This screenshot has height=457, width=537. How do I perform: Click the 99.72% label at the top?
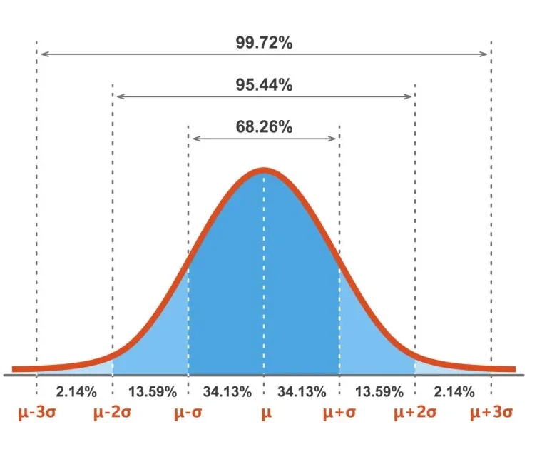tap(264, 42)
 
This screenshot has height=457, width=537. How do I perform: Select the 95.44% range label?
tap(264, 84)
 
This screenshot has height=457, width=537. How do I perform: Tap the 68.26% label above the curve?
tap(264, 126)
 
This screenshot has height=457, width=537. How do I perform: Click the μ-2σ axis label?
tap(113, 413)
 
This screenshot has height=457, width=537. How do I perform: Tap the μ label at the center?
tap(266, 414)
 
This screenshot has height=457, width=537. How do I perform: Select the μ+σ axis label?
tap(340, 413)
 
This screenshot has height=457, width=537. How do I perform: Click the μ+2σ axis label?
tap(416, 413)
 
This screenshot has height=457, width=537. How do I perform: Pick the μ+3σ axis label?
tap(491, 413)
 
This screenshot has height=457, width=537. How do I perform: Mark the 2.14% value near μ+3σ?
tap(454, 391)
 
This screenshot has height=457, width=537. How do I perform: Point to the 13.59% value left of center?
tap(150, 391)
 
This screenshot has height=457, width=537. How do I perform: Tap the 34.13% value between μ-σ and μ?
tap(227, 391)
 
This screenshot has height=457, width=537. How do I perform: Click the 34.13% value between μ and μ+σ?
tap(302, 391)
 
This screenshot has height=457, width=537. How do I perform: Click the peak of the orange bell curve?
tap(265, 170)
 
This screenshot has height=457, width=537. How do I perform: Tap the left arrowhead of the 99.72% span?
tap(42, 54)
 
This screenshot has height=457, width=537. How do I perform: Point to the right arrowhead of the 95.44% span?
tap(411, 96)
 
